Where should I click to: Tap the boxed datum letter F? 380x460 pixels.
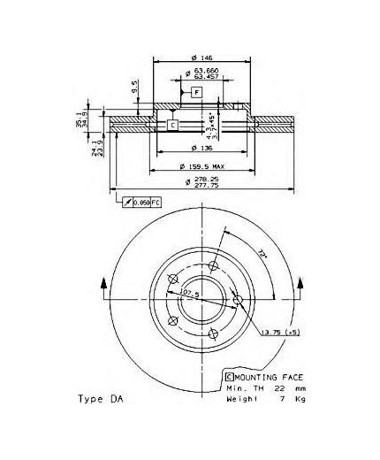pyautogui.click(x=197, y=92)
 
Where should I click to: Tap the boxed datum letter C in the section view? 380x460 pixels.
pyautogui.click(x=172, y=125)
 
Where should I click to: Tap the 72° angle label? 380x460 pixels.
pyautogui.click(x=239, y=255)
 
